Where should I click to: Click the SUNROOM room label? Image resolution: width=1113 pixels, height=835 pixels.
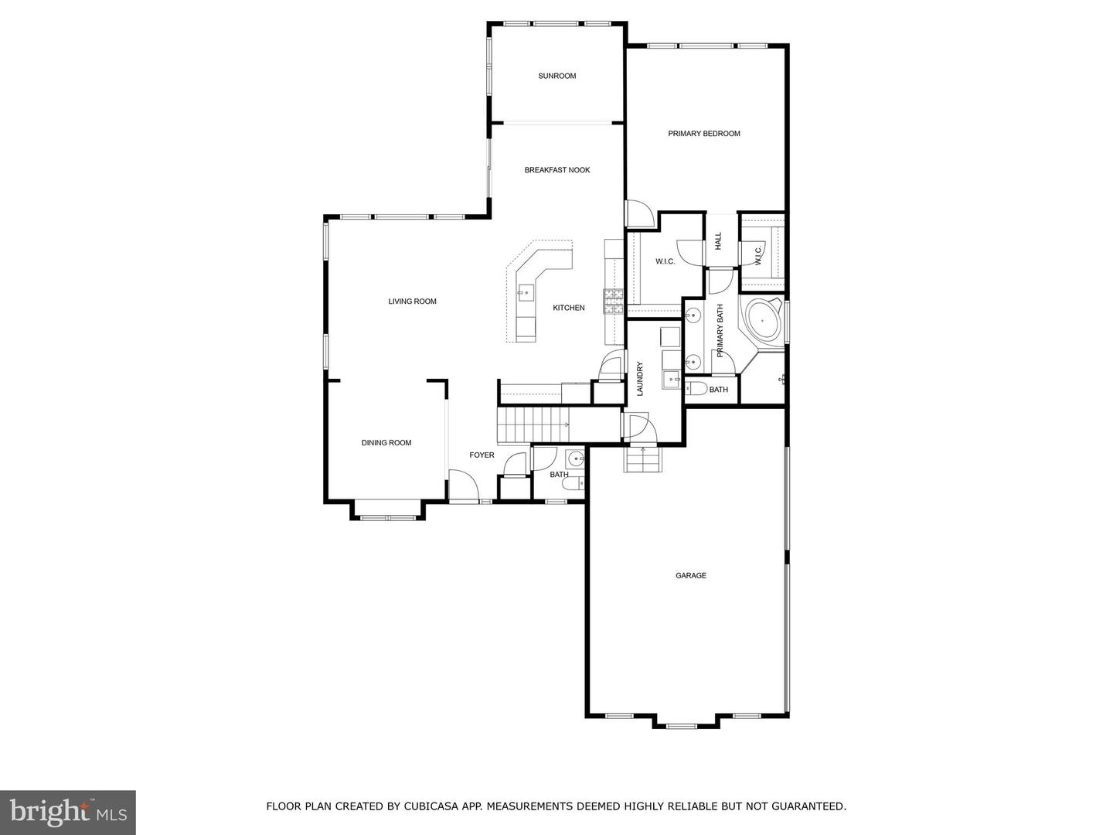557,76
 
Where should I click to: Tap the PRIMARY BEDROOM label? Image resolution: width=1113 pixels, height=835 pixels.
704,134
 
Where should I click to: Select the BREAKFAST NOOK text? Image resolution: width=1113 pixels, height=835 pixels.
557,170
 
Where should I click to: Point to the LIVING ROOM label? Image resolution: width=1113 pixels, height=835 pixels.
412,302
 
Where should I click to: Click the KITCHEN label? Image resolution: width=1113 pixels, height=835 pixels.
569,308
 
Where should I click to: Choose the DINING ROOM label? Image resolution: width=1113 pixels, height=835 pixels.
386,443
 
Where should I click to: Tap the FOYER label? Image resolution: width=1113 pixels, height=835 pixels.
482,455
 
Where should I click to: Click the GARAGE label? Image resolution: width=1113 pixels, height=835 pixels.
691,576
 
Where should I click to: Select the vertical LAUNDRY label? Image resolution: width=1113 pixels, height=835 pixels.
640,379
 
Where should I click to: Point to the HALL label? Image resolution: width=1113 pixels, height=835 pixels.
718,240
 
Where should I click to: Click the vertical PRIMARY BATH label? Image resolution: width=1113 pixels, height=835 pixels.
720,331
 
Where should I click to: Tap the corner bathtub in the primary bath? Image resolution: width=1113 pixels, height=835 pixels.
764,319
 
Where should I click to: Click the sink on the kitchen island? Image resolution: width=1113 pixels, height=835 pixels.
526,291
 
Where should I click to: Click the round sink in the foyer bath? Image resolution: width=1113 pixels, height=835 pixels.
574,459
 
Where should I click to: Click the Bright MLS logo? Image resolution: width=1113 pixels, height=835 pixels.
68,812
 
